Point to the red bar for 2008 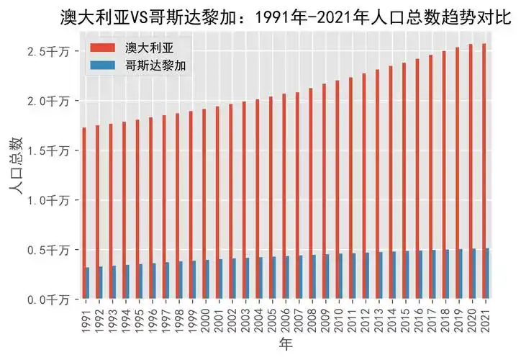coord(311,194)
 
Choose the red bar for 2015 coord(404,181)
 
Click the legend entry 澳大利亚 coord(148,49)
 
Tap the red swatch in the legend coord(101,49)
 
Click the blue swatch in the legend coord(101,65)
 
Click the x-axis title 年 coord(286,346)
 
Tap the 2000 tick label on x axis coord(206,317)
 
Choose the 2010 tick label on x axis coord(338,317)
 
